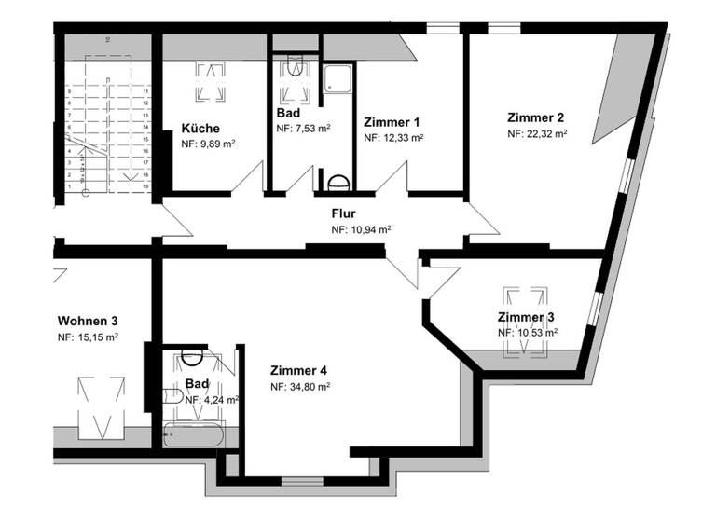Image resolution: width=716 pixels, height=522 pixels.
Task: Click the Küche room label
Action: (200, 129)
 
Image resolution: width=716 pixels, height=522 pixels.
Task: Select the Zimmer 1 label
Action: (392, 121)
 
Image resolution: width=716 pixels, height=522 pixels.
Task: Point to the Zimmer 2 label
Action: (536, 117)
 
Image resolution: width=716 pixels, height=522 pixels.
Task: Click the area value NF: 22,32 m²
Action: (537, 133)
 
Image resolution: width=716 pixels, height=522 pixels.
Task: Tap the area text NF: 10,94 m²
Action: (361, 228)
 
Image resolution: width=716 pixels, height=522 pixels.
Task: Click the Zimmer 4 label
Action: (298, 370)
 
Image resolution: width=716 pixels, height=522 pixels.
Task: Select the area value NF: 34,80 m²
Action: (300, 386)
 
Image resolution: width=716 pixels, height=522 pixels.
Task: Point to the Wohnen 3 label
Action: (88, 321)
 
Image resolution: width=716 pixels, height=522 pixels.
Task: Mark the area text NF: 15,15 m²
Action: (88, 337)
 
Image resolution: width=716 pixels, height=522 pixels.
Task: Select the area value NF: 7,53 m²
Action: (303, 129)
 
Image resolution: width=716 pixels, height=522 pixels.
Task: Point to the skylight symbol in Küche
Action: (209, 83)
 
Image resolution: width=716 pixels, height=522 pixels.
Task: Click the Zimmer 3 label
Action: (526, 317)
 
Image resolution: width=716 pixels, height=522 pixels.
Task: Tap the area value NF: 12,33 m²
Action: (392, 137)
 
